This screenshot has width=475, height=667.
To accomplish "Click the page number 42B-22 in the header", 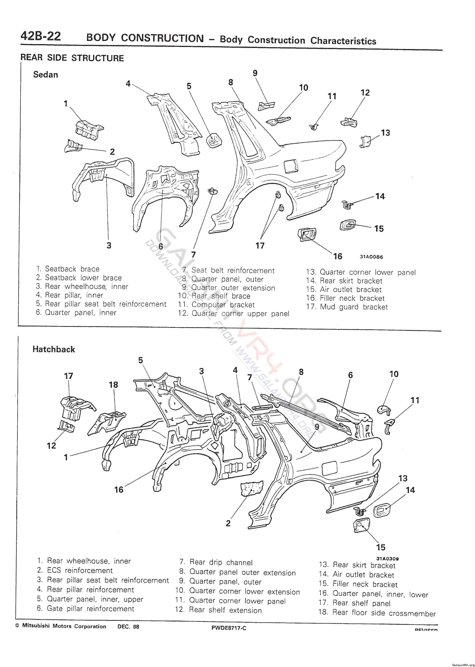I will [x=41, y=36].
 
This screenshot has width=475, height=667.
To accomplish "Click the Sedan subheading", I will [x=46, y=75].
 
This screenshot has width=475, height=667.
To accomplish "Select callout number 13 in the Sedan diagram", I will [x=386, y=133].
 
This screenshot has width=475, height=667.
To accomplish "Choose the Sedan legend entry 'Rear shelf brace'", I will [x=221, y=296].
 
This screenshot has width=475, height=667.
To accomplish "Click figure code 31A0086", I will [x=371, y=257].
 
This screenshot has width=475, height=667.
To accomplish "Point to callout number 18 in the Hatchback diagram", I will [x=113, y=385].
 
